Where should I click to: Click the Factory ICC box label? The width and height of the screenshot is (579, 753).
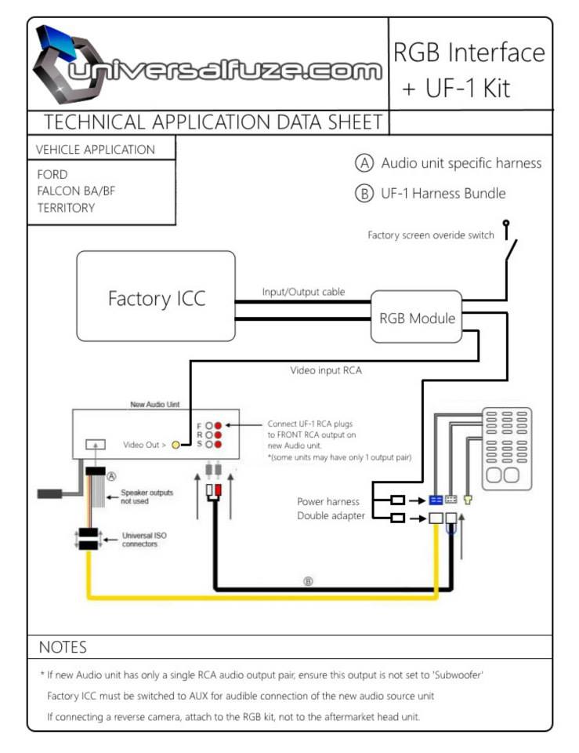(157, 299)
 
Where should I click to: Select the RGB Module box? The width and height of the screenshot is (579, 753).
(416, 316)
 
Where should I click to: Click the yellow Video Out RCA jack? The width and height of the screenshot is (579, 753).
(176, 446)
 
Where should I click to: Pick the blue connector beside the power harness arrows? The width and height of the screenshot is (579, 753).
(436, 500)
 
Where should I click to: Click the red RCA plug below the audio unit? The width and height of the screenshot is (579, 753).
(219, 490)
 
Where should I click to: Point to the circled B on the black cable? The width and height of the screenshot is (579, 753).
(308, 581)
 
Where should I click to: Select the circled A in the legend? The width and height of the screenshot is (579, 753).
(364, 163)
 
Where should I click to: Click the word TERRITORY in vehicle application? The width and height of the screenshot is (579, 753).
(66, 208)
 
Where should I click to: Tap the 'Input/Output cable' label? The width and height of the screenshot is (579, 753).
(304, 292)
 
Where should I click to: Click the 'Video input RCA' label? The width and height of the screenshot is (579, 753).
(326, 370)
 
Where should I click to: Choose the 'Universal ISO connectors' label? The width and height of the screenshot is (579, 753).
(144, 540)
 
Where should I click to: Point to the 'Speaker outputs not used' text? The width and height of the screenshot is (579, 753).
(147, 497)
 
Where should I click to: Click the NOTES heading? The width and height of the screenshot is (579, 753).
(63, 647)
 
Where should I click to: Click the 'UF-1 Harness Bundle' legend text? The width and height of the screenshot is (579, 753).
(443, 194)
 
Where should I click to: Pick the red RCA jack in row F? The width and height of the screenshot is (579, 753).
(219, 425)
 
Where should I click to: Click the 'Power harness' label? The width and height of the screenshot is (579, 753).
(328, 501)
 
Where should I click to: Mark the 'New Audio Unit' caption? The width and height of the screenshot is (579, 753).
(155, 405)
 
